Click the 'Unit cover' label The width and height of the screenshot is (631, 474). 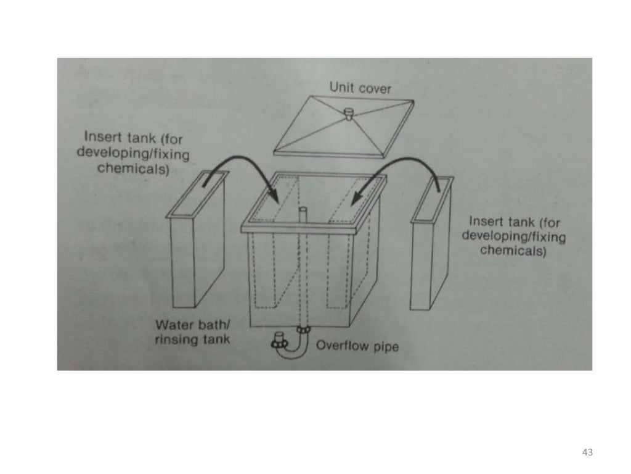tap(360, 88)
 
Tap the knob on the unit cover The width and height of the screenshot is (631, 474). tap(348, 114)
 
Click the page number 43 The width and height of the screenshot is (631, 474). tap(587, 452)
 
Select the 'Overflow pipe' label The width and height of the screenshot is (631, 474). tap(357, 346)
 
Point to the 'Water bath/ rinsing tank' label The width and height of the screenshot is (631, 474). tap(192, 332)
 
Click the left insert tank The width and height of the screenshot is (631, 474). tap(196, 247)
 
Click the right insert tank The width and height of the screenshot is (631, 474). tap(431, 247)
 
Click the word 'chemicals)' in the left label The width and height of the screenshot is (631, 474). tap(133, 168)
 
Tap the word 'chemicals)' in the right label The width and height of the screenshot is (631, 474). tap(513, 251)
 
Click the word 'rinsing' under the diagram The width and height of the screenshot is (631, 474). tap(176, 339)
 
